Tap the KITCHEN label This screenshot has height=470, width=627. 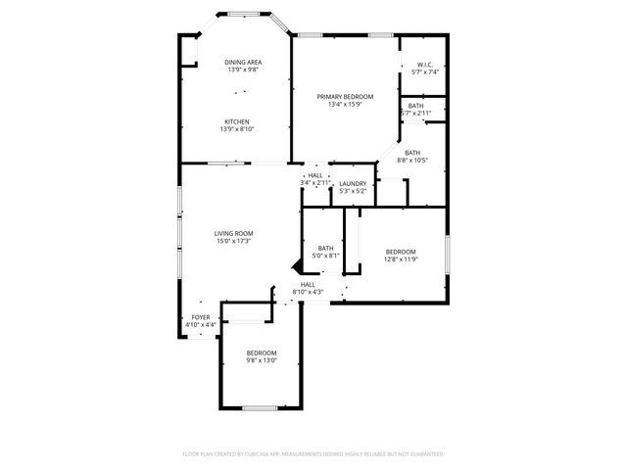(x=237, y=121)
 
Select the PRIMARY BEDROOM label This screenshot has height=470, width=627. (x=345, y=96)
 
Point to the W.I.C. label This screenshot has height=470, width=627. (x=425, y=65)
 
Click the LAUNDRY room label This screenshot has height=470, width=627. (x=352, y=183)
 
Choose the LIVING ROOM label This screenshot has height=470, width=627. (x=233, y=233)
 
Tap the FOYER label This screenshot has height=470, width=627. (x=201, y=317)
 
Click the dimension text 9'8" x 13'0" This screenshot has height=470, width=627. (x=262, y=359)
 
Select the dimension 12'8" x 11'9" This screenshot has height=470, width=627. (x=401, y=258)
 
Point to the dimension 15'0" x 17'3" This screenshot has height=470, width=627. (x=233, y=241)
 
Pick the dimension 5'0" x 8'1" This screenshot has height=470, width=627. (x=326, y=256)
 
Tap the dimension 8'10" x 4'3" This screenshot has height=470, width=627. (x=308, y=292)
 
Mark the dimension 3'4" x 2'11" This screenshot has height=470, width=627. (x=315, y=183)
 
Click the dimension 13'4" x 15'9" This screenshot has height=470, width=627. (x=345, y=104)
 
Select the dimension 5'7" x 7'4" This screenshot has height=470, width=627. (x=425, y=72)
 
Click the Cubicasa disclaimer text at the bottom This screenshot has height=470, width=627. (x=313, y=454)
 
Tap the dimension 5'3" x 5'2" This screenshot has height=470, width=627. (x=352, y=191)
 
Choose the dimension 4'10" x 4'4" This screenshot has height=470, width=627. (x=201, y=325)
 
